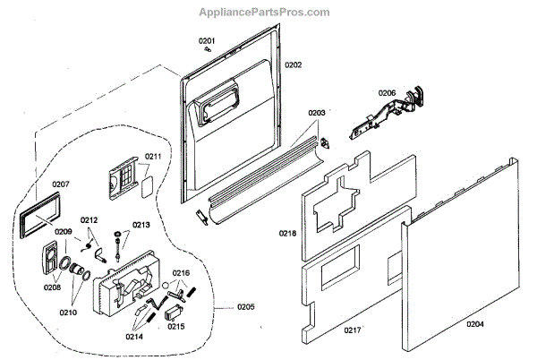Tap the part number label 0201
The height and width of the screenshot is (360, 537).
(x=207, y=41)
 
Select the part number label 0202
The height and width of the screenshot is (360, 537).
(x=293, y=65)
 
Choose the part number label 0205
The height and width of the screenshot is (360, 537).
(x=246, y=307)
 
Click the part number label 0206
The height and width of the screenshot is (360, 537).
(x=387, y=92)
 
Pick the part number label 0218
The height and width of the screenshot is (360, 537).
(x=287, y=235)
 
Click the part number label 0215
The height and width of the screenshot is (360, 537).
(x=175, y=327)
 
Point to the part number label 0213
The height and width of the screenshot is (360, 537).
(x=141, y=225)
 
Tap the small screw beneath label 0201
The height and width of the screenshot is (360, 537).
(x=207, y=51)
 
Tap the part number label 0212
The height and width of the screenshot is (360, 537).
(x=89, y=220)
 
